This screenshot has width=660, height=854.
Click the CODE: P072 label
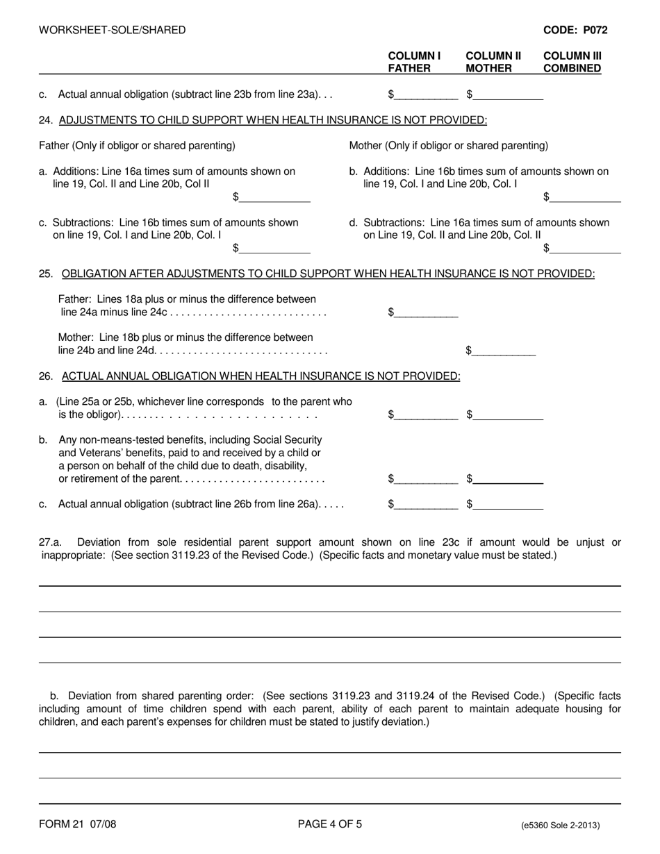click(575, 30)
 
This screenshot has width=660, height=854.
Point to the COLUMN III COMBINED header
click(572, 62)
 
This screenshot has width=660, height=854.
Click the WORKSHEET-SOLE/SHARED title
click(113, 30)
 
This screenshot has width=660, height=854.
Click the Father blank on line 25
click(427, 313)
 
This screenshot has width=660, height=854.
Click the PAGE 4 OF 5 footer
click(329, 825)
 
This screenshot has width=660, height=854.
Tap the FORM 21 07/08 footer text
click(78, 825)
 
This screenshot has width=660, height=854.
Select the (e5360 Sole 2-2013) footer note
click(560, 826)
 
